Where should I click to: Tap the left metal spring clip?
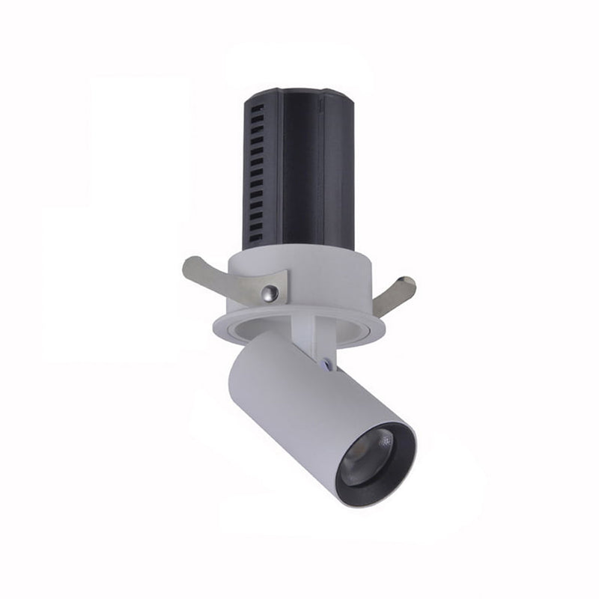click(x=225, y=281)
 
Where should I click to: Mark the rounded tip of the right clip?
click(x=408, y=282)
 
